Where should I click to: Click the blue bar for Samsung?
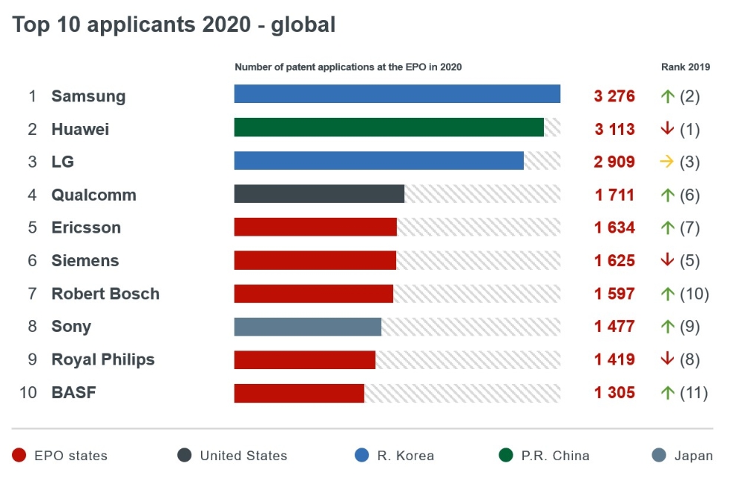coord(397,94)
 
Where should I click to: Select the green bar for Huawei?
coord(389,127)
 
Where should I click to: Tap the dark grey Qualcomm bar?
coord(319,194)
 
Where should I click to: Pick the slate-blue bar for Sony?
coord(307,327)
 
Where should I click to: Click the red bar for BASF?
coord(299,393)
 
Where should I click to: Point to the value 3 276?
coord(614,96)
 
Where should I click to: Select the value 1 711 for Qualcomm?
coord(614,195)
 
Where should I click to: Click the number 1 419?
coord(614,359)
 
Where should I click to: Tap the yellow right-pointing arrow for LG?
coord(666,162)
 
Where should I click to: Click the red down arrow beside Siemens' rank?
coord(666,260)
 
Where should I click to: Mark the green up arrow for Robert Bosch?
coord(666,293)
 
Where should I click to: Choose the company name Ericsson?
coord(86,228)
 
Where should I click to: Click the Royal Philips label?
coord(103,359)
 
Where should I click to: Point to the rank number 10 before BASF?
coord(28,393)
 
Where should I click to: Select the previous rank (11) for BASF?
coord(694,393)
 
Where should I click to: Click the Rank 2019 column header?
coord(686,67)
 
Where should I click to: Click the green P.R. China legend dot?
coord(505,455)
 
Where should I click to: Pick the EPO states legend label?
coord(70,456)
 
